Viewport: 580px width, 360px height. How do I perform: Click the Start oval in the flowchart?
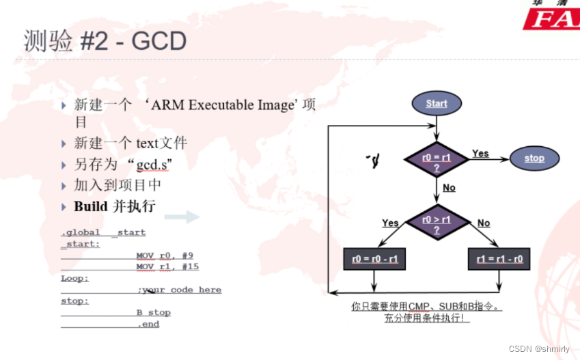[x=436, y=104]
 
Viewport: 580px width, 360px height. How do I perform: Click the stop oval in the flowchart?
[x=534, y=158]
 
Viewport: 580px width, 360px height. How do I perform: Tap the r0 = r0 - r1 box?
[x=374, y=260]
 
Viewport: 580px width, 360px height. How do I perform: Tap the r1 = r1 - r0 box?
[x=499, y=260]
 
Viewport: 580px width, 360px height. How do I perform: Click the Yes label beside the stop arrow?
[x=480, y=154]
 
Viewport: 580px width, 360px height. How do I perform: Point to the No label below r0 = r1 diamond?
[x=449, y=188]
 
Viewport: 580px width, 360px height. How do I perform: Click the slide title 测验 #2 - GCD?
[x=105, y=42]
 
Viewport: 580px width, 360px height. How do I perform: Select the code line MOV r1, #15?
[x=167, y=266]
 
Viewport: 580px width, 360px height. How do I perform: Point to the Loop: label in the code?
[x=74, y=278]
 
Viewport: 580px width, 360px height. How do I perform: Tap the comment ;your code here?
[x=180, y=290]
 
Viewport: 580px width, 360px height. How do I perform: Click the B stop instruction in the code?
[x=154, y=313]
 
